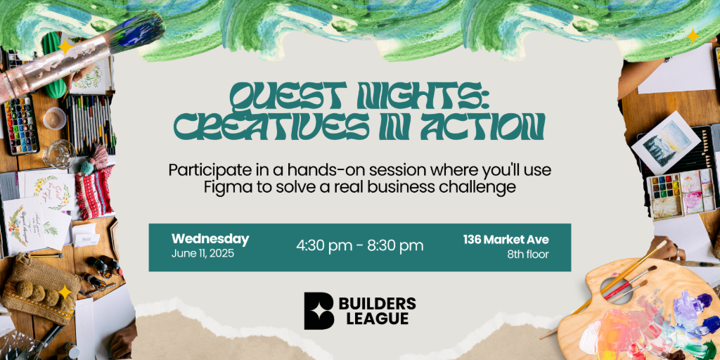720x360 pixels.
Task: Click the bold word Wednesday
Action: click(x=210, y=239)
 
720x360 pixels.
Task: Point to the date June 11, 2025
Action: click(x=202, y=253)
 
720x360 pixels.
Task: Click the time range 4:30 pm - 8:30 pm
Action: click(x=359, y=245)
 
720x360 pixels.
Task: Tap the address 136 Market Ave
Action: click(x=506, y=240)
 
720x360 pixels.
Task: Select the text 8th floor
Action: click(x=528, y=255)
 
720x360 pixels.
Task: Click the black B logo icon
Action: click(x=319, y=311)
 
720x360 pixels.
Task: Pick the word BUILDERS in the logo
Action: click(x=378, y=304)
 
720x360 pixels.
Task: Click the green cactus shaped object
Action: click(x=56, y=65)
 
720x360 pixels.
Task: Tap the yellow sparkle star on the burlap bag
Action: click(x=65, y=292)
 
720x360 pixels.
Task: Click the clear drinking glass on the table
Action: click(x=59, y=154)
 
